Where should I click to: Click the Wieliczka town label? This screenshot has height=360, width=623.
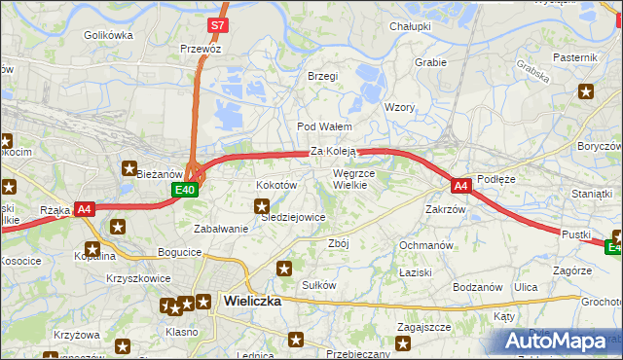pos(252,301)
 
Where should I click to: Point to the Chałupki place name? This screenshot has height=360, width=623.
pos(410,26)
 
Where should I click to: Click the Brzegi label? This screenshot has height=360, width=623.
pos(322,76)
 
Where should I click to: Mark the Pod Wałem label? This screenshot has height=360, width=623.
pos(324,126)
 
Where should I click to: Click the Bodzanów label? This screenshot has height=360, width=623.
pos(477,287)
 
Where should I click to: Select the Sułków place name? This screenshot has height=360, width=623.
pos(319,285)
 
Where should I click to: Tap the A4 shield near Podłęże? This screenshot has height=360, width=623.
pos(461,185)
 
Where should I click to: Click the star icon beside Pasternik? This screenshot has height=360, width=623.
pos(586,92)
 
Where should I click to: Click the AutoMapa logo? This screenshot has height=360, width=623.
pos(560,341)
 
